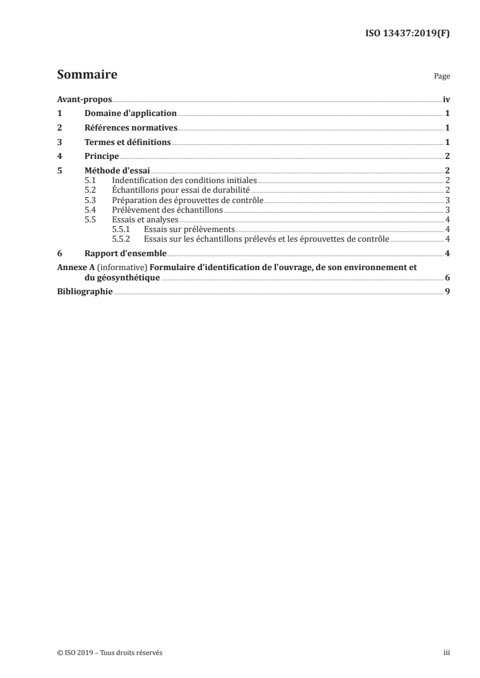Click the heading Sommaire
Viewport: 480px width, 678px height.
click(87, 76)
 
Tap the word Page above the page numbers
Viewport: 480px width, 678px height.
click(442, 77)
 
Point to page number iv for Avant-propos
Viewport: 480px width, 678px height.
click(446, 99)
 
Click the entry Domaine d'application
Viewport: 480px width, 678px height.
click(130, 113)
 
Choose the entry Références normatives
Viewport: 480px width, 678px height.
click(131, 128)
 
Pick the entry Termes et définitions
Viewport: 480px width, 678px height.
click(128, 143)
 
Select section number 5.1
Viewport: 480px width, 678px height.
click(90, 181)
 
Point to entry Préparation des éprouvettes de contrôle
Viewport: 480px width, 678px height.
click(188, 200)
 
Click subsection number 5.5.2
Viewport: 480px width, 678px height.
click(122, 239)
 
